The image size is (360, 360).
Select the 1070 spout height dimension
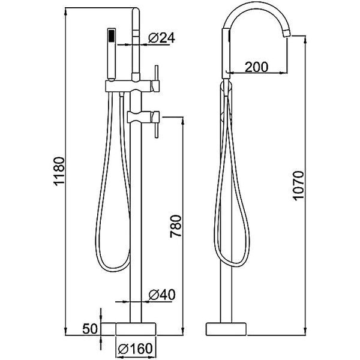(x=299, y=185)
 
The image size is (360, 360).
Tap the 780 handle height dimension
(x=176, y=226)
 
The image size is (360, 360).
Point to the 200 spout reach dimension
(x=256, y=67)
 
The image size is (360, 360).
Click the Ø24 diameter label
(x=161, y=38)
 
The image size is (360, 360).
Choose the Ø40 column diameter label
(x=162, y=295)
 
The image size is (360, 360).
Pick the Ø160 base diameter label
(x=135, y=349)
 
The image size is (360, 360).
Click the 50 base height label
(x=90, y=329)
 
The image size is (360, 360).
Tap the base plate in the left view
(x=136, y=329)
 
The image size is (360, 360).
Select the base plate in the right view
(x=226, y=329)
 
